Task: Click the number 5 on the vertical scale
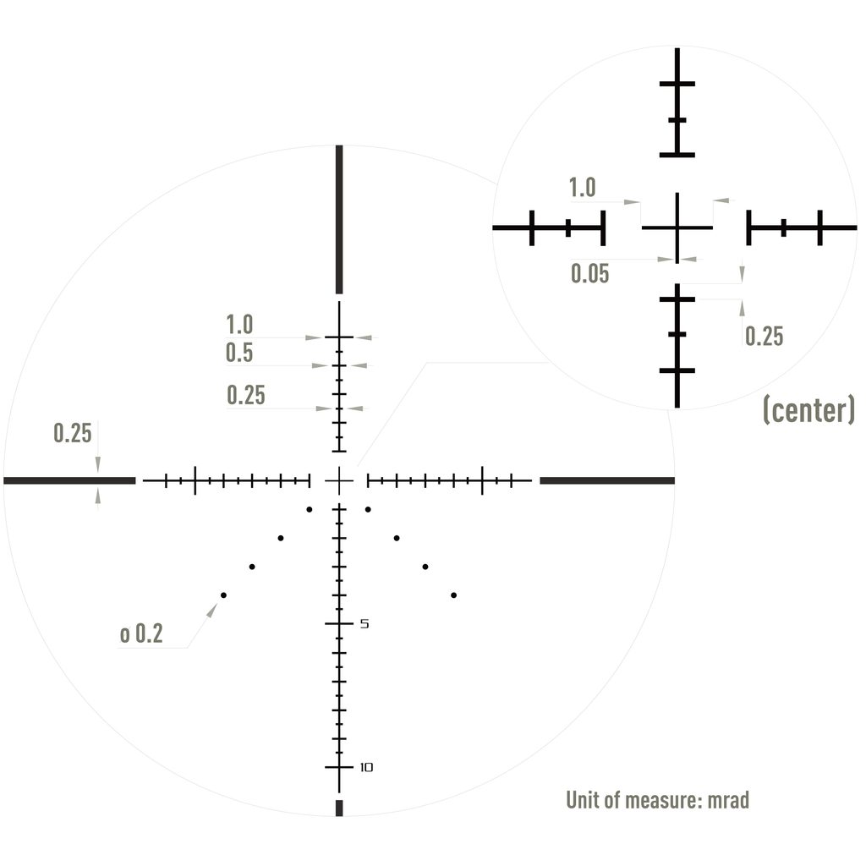[x=364, y=623]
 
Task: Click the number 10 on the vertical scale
[x=366, y=767]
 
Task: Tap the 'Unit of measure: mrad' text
[x=657, y=800]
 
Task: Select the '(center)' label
[x=808, y=409]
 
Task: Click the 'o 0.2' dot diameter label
[x=141, y=633]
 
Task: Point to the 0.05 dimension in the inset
[x=589, y=273]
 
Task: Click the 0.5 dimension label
[x=239, y=353]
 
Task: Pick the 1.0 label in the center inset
[x=582, y=188]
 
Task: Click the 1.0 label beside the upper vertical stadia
[x=239, y=324]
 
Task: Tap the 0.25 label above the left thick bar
[x=73, y=433]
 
